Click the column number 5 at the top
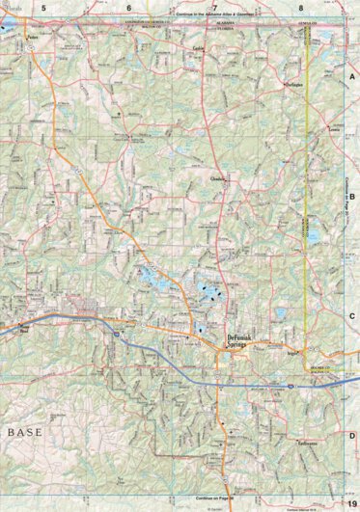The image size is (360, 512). [43, 7]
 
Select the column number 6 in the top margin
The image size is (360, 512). [128, 7]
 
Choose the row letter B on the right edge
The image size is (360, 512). [352, 195]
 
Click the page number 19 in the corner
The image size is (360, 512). [352, 504]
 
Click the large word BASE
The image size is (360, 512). [25, 433]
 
